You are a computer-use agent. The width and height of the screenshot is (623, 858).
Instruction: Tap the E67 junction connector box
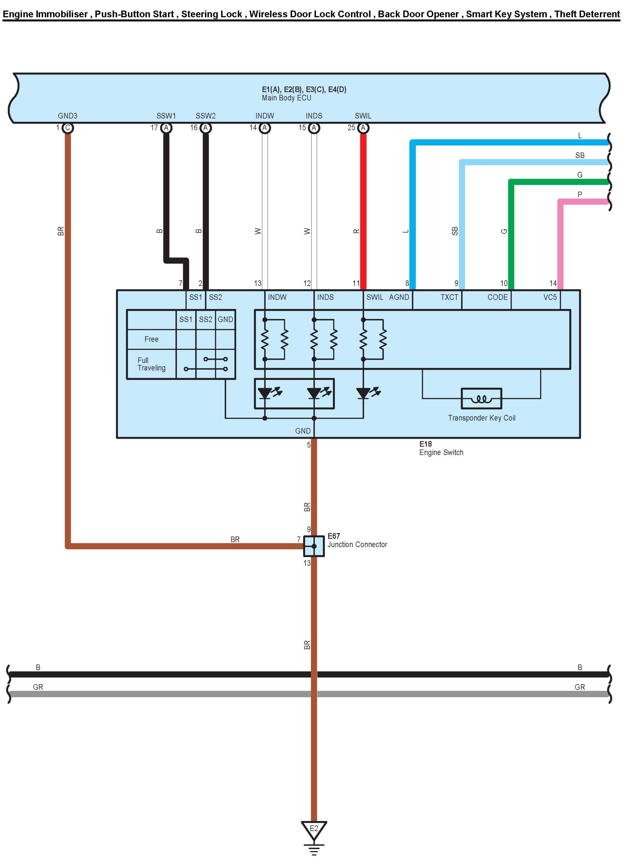tap(314, 546)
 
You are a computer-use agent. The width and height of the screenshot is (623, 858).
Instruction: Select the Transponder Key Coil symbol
tap(481, 398)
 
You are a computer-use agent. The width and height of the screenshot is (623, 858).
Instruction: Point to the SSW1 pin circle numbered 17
tap(166, 128)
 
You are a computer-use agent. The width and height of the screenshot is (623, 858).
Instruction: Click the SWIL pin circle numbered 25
tap(363, 128)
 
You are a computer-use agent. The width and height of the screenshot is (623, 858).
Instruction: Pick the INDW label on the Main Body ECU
tap(264, 116)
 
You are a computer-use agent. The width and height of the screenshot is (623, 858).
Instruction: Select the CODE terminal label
tap(497, 297)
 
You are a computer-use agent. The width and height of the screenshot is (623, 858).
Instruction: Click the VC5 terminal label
tap(550, 297)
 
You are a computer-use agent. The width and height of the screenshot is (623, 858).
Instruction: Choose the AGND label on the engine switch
tap(399, 297)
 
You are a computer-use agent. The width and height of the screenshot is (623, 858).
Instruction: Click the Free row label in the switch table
tap(151, 339)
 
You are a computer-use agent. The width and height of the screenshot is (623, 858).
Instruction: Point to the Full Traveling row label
tap(151, 364)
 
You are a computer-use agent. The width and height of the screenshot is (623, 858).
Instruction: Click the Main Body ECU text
tap(286, 98)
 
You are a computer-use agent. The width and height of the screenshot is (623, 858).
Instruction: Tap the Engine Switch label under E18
tap(441, 452)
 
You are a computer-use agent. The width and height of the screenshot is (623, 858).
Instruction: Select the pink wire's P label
tap(579, 194)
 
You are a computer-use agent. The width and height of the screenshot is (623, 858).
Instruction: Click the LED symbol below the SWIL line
tap(363, 393)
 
